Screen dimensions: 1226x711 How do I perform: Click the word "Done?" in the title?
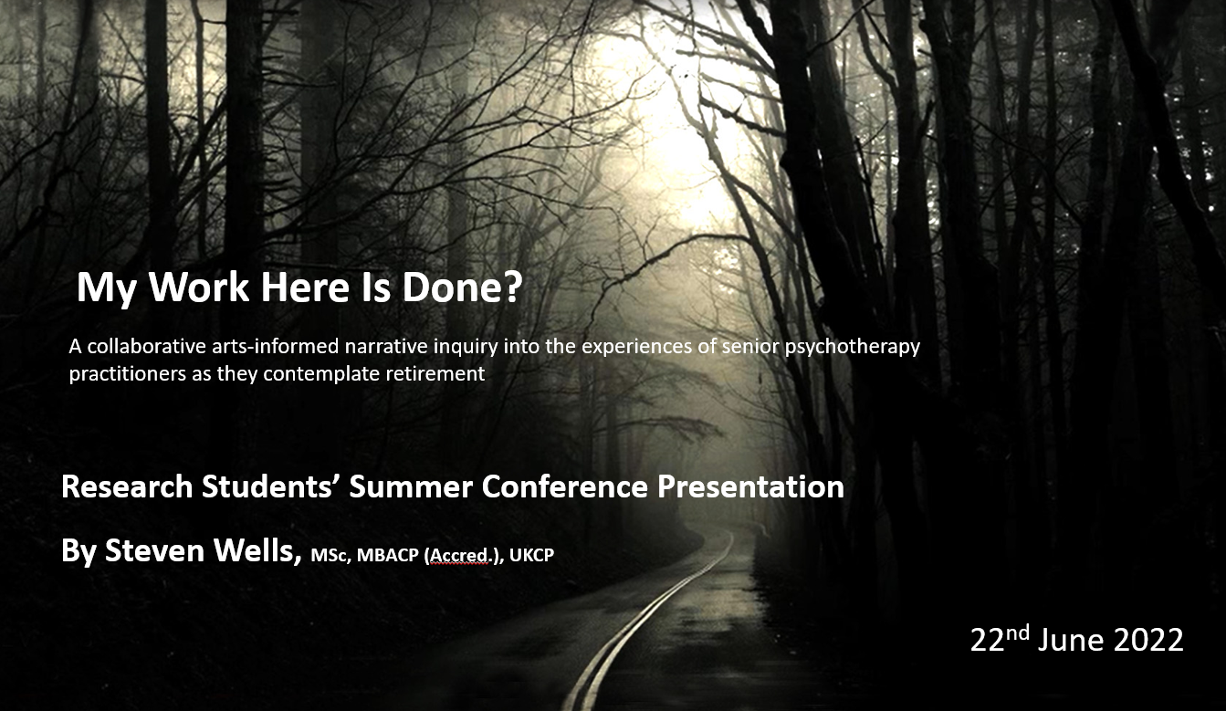[463, 288]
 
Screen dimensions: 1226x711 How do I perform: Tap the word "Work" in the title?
[199, 288]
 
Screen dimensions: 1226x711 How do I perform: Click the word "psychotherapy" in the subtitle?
[853, 348]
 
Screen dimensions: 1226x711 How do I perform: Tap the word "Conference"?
[565, 486]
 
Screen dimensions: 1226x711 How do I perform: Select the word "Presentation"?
[750, 486]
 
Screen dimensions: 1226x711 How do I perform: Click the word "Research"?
[127, 486]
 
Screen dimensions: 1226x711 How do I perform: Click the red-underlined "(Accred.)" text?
[462, 556]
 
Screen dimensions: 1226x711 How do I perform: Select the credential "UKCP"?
[531, 556]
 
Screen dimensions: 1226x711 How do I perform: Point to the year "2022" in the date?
[1148, 640]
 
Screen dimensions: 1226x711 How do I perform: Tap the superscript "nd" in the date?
[1018, 633]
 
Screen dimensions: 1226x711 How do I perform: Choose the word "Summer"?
[411, 486]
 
